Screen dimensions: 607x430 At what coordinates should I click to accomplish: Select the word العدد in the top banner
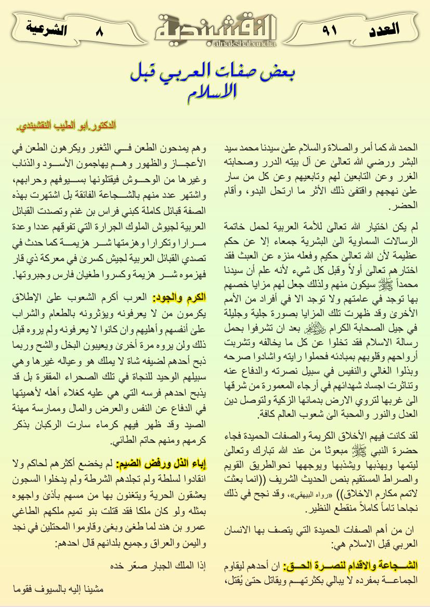click(384, 29)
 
